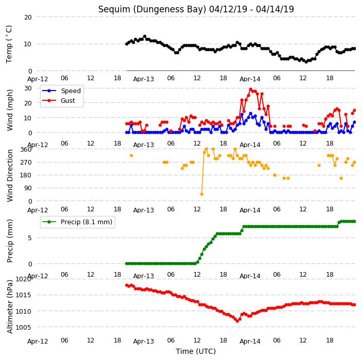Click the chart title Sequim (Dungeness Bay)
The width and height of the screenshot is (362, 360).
(152, 9)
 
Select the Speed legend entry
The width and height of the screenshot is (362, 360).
(61, 91)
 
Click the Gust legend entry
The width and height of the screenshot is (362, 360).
(59, 100)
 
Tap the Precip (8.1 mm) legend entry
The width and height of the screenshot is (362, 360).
(77, 222)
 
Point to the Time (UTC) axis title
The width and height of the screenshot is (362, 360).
(196, 351)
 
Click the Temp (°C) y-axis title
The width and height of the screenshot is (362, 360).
(9, 44)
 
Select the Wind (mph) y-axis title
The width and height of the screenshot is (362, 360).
(10, 110)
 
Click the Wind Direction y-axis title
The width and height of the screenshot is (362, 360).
(10, 175)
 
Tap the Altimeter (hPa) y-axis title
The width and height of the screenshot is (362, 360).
(10, 307)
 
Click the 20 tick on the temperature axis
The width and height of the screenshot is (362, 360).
(28, 17)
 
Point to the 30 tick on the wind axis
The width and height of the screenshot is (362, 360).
(28, 88)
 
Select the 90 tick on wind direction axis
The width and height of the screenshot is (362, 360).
(28, 188)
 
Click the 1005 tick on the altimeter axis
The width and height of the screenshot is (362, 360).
(23, 327)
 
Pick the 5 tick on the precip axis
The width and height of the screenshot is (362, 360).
(30, 238)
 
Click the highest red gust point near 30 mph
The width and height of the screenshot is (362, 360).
(251, 89)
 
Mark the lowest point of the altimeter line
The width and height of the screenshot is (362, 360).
(238, 321)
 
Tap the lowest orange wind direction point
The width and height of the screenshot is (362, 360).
(202, 194)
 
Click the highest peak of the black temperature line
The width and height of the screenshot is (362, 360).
(145, 36)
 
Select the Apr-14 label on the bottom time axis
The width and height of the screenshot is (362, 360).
(250, 341)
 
